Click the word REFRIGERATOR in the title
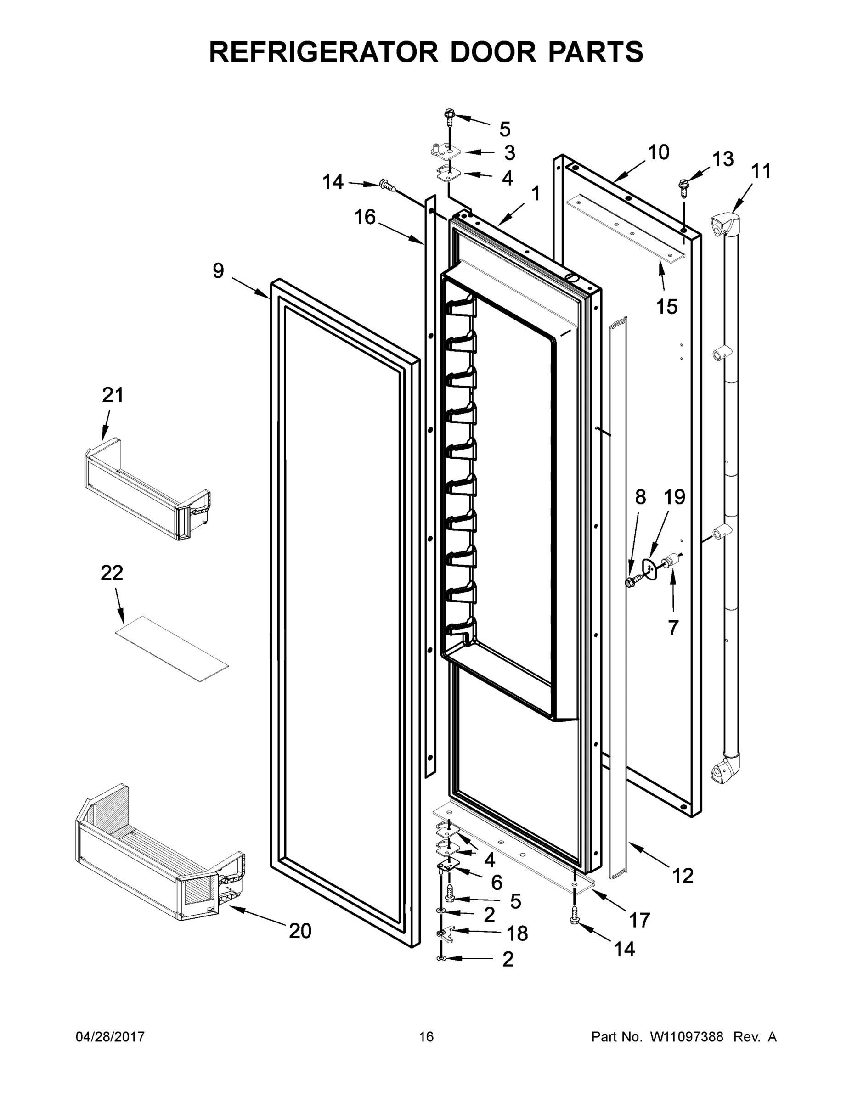(323, 52)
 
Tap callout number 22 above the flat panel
(112, 573)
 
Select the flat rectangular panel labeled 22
(172, 648)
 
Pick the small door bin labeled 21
(147, 489)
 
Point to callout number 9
(218, 271)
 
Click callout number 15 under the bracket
(666, 306)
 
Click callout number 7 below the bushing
(673, 628)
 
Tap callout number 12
(683, 876)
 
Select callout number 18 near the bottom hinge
(517, 933)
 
